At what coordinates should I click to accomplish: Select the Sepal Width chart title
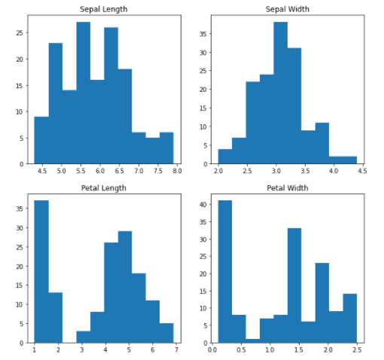coord(288,9)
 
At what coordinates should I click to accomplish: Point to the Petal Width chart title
coord(288,188)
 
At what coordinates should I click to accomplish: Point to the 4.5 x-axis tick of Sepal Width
coord(362,172)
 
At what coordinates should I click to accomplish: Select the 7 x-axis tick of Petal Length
coord(175,351)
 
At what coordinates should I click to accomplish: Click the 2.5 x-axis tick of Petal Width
coord(356,351)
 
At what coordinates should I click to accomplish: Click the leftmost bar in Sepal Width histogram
coord(225,157)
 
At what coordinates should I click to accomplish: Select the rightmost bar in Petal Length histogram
coord(166,333)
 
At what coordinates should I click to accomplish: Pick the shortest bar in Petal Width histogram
coord(252,340)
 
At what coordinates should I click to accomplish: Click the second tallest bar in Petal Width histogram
coord(294,286)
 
